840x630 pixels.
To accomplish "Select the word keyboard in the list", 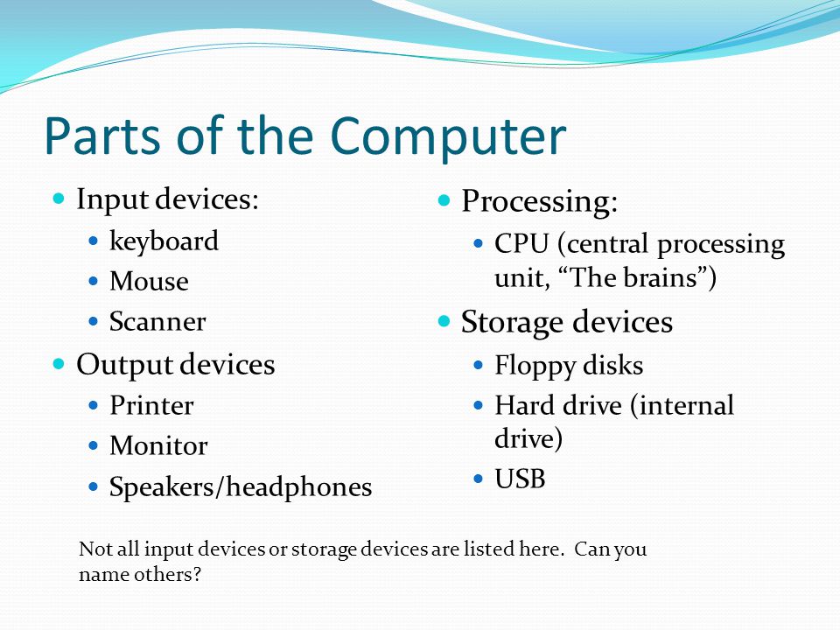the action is [x=164, y=241].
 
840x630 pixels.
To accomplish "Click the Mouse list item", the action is [x=149, y=281].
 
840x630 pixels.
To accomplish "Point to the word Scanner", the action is [x=157, y=321].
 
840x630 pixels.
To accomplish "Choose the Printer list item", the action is [x=151, y=405].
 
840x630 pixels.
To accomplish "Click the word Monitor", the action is [x=158, y=445].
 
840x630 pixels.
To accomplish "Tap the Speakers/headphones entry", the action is [x=241, y=487].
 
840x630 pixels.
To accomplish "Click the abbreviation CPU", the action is [x=521, y=244].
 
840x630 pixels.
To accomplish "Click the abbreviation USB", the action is [x=520, y=479].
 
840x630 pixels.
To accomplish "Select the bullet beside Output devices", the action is [x=59, y=364].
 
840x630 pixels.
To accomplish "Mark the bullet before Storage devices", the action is [x=444, y=321].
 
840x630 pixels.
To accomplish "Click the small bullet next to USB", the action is [x=479, y=479].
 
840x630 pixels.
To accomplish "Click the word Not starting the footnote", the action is [x=94, y=549].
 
